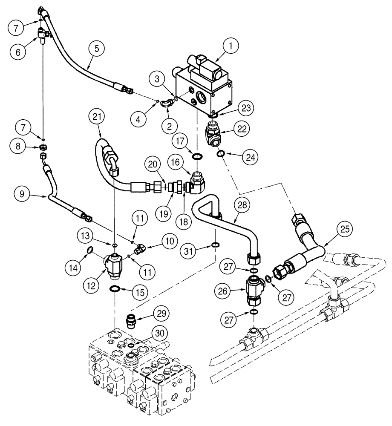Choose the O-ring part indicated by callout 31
(216, 245)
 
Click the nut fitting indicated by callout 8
(43, 147)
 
